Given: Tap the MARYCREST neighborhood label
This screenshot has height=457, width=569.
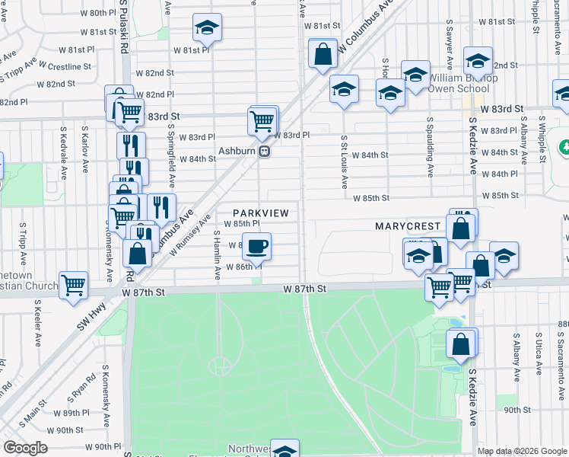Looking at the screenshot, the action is tap(408, 226).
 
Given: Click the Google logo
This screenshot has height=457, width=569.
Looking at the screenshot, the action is tap(25, 448).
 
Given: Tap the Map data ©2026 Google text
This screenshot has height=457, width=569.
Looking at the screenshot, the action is tap(522, 451).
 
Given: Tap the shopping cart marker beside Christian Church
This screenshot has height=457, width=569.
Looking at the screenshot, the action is tap(74, 285).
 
